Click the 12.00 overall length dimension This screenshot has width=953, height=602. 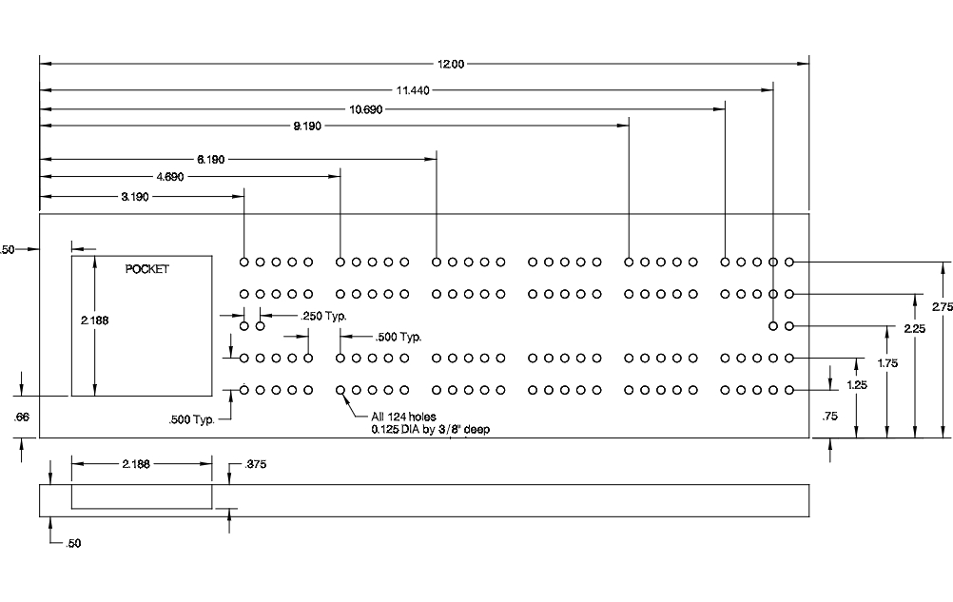[x=450, y=64]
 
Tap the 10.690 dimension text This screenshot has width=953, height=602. [x=366, y=109]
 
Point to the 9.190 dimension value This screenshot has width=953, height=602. [x=307, y=126]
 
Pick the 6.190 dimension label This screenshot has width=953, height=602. [x=211, y=160]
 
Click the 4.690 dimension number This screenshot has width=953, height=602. [x=171, y=176]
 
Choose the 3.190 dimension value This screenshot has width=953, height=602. [x=133, y=196]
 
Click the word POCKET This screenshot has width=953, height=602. [x=147, y=269]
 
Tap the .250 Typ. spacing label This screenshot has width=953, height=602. [x=323, y=316]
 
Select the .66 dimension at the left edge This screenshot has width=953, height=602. [x=22, y=417]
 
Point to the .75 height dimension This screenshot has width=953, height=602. [x=828, y=417]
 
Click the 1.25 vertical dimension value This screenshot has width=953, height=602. [x=857, y=384]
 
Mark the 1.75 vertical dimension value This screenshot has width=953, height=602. [x=885, y=362]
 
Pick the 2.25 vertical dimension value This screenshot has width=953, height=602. [x=914, y=329]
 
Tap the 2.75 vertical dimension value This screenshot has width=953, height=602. [x=941, y=307]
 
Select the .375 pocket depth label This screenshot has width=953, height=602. [x=255, y=464]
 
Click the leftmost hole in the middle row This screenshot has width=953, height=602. [x=244, y=326]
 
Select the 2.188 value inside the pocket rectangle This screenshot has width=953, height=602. [x=95, y=321]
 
